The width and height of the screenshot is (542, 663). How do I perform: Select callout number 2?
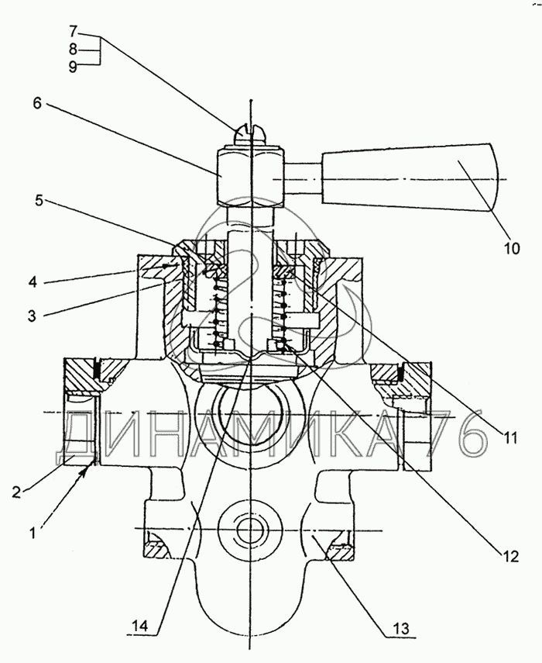pos(16,492)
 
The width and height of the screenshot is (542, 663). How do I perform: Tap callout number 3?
pos(33,316)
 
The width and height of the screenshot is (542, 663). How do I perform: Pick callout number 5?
pos(39,201)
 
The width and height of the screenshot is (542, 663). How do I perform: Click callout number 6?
pos(38,103)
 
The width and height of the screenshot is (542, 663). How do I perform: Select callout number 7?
pos(74,32)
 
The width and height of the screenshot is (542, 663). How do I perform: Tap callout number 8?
pos(73,49)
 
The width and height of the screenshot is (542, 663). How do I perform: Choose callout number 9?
pos(73,67)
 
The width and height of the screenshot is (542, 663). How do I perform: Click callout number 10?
pos(511,248)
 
